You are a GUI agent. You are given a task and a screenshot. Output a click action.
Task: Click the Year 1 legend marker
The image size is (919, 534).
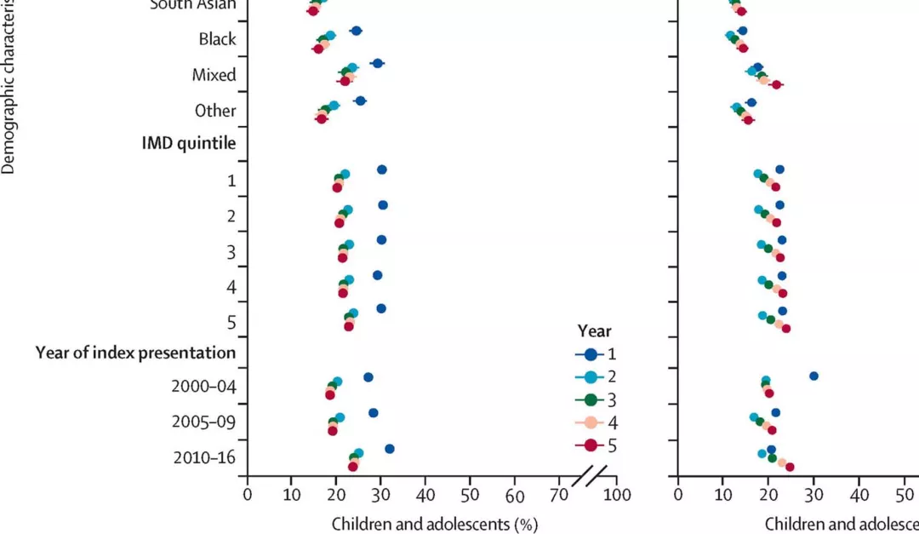click(587, 353)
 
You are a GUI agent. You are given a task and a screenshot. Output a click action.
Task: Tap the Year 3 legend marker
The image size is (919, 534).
click(587, 399)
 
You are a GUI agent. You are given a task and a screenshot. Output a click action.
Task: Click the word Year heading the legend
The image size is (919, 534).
click(594, 331)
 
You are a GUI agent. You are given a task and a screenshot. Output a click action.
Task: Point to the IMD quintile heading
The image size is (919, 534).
click(188, 142)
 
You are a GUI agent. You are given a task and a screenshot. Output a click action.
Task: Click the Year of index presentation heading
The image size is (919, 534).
click(135, 351)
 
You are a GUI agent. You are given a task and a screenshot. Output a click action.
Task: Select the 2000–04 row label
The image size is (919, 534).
click(203, 386)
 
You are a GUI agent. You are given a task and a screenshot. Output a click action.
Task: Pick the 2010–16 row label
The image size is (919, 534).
click(204, 457)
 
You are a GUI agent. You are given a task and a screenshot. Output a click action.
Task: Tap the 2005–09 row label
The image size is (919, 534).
click(203, 422)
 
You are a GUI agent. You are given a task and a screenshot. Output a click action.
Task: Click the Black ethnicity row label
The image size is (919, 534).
click(217, 39)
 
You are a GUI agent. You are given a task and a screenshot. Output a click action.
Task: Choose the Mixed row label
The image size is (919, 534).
click(214, 75)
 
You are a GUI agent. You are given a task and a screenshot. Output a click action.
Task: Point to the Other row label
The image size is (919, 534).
click(215, 111)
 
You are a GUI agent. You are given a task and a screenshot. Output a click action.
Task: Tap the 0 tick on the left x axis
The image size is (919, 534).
click(248, 494)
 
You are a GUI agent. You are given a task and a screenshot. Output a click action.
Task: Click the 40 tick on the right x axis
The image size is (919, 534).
click(859, 494)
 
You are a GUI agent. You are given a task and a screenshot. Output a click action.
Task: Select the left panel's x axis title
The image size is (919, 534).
click(434, 523)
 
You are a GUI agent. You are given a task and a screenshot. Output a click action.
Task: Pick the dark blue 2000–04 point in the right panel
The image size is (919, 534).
click(813, 376)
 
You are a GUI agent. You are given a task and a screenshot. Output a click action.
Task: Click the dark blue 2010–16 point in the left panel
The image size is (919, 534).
click(390, 449)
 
